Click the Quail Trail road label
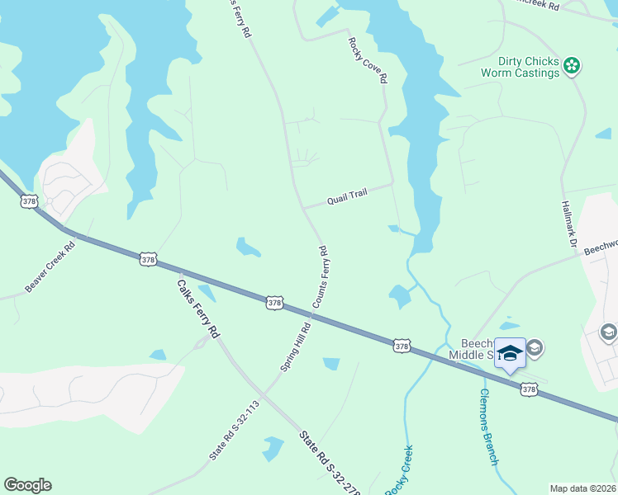point(346,196)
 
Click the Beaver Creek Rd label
point(50,266)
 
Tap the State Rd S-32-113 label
point(235,430)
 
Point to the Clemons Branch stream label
point(488,427)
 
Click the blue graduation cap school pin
point(510,352)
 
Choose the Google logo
point(27,485)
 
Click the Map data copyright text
point(582,488)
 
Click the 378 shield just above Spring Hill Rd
point(275,304)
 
